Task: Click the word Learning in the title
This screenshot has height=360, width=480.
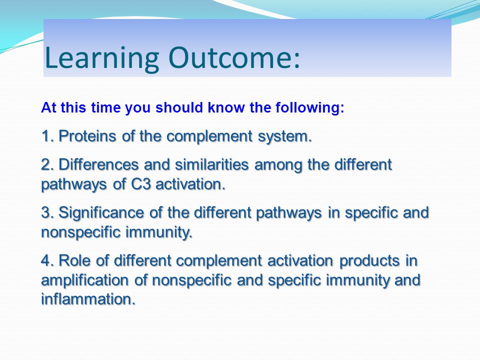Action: (102, 58)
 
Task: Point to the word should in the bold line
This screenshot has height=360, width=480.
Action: (179, 107)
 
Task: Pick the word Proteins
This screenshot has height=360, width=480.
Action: (87, 135)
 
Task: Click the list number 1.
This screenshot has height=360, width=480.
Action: (45, 135)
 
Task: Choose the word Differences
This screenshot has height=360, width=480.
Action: (98, 164)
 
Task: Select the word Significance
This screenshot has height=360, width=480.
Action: (101, 213)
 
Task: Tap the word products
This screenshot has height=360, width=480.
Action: (369, 261)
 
